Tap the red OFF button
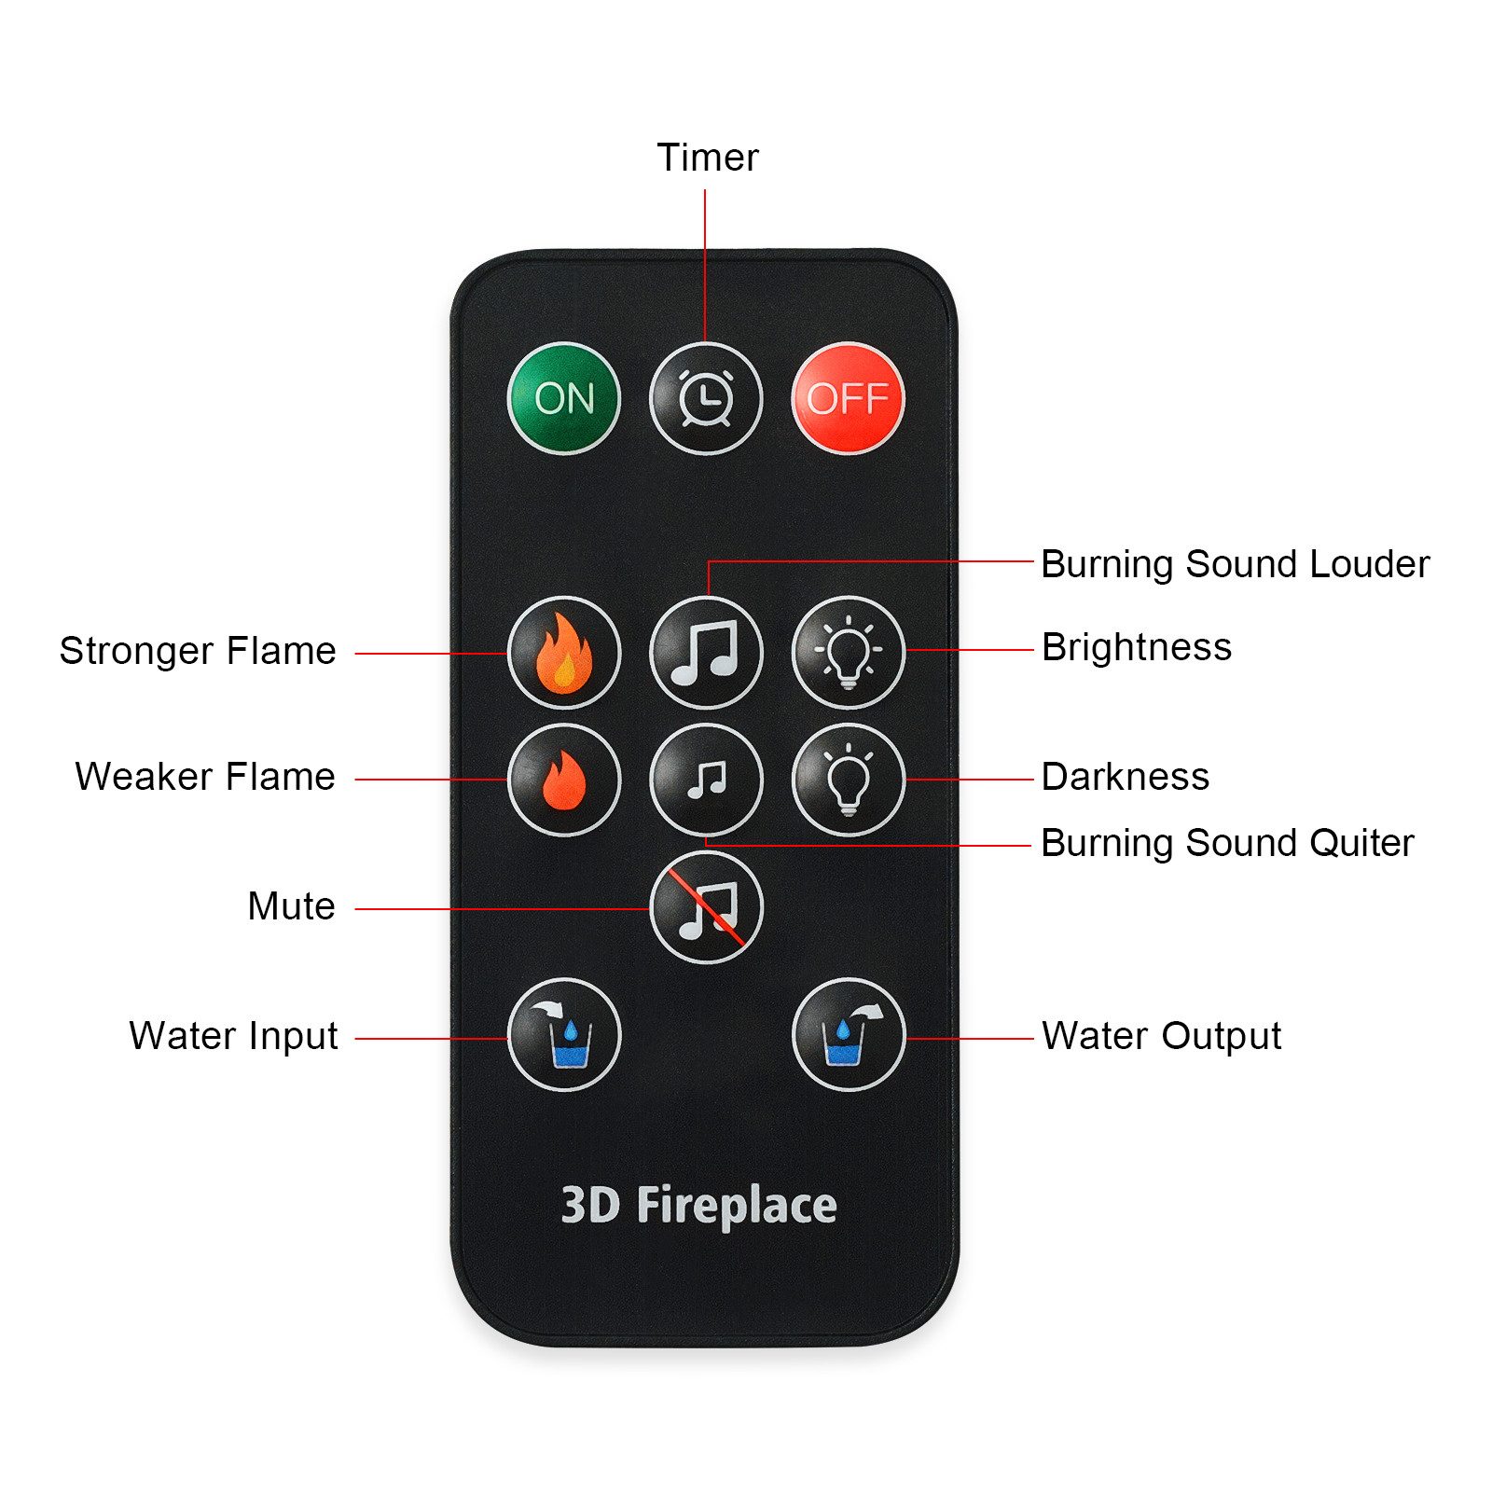[x=848, y=398]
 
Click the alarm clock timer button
[x=706, y=398]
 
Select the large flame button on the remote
[x=564, y=652]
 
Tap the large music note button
[x=706, y=652]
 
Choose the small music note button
[x=706, y=779]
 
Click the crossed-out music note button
[x=706, y=906]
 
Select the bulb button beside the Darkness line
[x=848, y=779]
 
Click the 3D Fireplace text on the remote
[x=698, y=1205]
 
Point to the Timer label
[x=707, y=158]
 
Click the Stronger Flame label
[x=198, y=651]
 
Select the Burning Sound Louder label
[x=1235, y=564]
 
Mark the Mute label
[x=291, y=906]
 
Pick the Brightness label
[x=1137, y=647]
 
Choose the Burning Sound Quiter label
[x=1227, y=843]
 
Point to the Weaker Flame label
[x=205, y=777]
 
